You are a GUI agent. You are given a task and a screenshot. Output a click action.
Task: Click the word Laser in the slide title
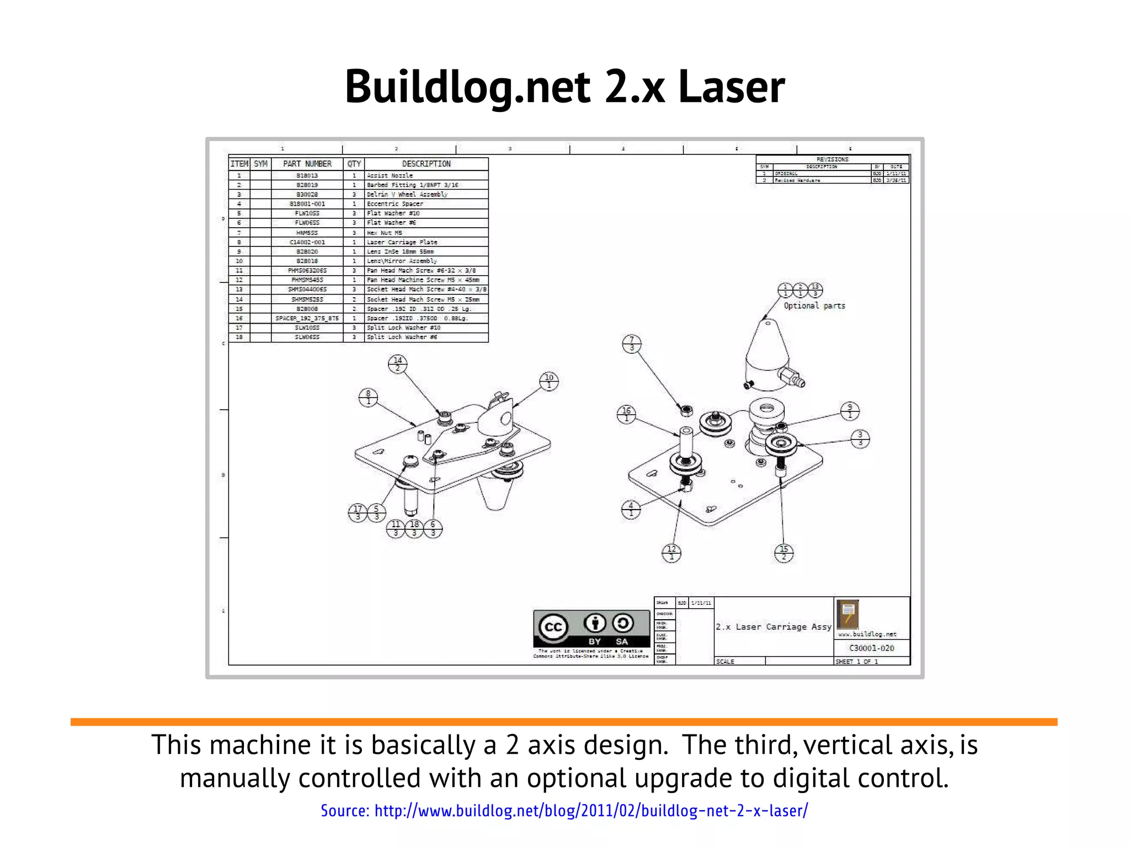[x=731, y=87]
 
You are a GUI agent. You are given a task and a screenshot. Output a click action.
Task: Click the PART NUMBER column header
[x=307, y=164]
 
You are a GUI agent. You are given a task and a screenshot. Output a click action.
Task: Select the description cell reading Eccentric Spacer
[x=395, y=204]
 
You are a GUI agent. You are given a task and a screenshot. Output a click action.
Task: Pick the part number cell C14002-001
[x=307, y=242]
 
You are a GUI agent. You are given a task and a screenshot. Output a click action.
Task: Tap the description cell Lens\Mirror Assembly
[x=402, y=261]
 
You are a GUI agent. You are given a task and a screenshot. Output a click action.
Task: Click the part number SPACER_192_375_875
[x=307, y=318]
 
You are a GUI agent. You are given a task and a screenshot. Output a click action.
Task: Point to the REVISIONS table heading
[x=832, y=159]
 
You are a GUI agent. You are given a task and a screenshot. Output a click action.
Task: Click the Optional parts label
[x=814, y=305]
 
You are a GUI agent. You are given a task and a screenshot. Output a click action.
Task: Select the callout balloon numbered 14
[x=398, y=364]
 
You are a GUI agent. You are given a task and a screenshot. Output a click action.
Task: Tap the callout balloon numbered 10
[x=549, y=381]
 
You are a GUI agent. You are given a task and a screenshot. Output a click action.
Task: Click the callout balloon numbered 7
[x=632, y=344]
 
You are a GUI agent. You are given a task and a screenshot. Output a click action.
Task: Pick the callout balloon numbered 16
[x=626, y=414]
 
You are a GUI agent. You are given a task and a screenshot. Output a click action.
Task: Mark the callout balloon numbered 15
[x=783, y=553]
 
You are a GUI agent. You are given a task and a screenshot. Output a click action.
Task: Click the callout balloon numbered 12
[x=671, y=553]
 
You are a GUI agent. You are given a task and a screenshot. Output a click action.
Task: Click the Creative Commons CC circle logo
[x=553, y=628]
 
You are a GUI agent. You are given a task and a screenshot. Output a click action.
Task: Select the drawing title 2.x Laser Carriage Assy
[x=773, y=627]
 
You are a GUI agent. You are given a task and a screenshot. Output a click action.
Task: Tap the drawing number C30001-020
[x=871, y=648]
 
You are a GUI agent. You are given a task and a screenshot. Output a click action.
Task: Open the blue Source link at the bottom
[x=564, y=811]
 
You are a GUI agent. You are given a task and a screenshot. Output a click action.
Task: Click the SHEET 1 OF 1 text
[x=856, y=661]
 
